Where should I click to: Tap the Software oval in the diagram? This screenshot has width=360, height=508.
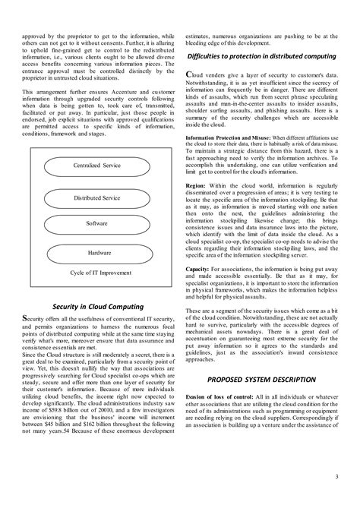[96, 225]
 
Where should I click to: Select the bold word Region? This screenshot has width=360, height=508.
[194, 185]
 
